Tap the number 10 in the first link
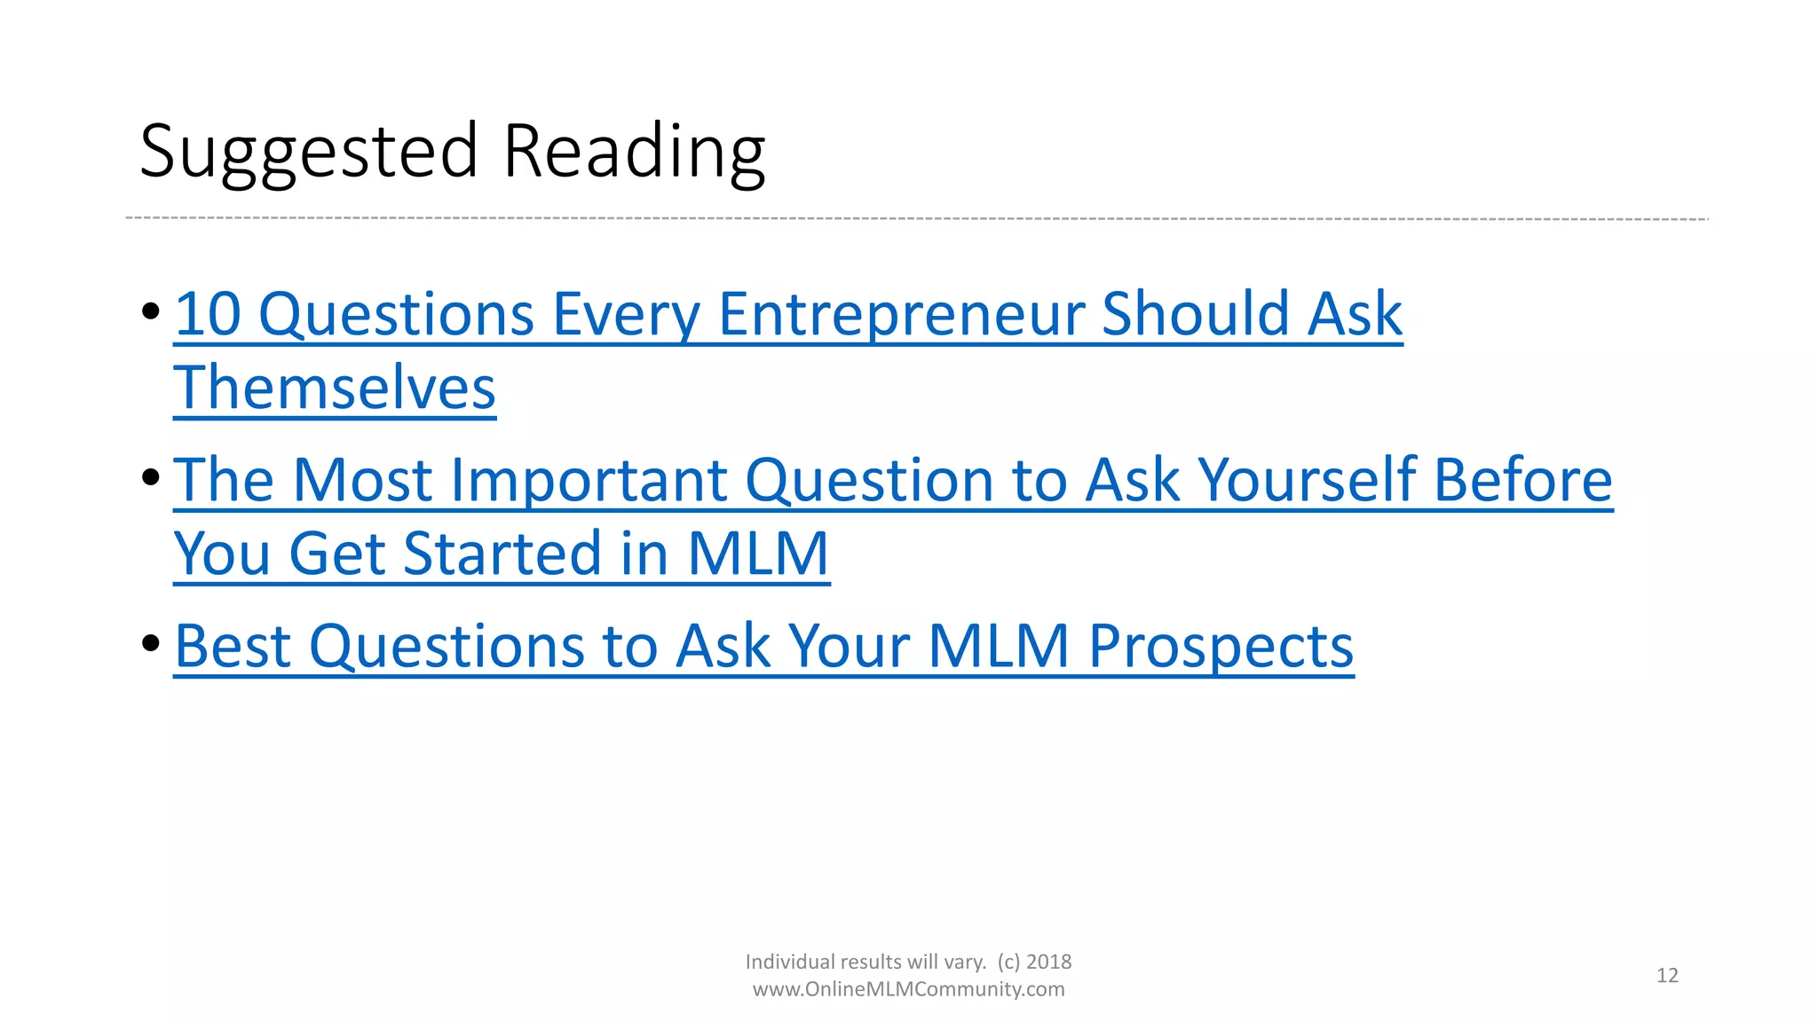tap(208, 314)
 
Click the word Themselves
tap(335, 389)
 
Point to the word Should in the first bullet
tap(1195, 314)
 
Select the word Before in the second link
tap(1522, 480)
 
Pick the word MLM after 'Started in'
tap(758, 554)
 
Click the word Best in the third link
tap(233, 646)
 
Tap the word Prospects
tap(1221, 646)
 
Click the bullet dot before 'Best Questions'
tap(150, 642)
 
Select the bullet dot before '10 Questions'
tap(150, 311)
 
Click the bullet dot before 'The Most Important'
tap(150, 477)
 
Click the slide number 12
tap(1667, 976)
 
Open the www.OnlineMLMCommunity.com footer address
tap(908, 989)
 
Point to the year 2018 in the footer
tap(1048, 962)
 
